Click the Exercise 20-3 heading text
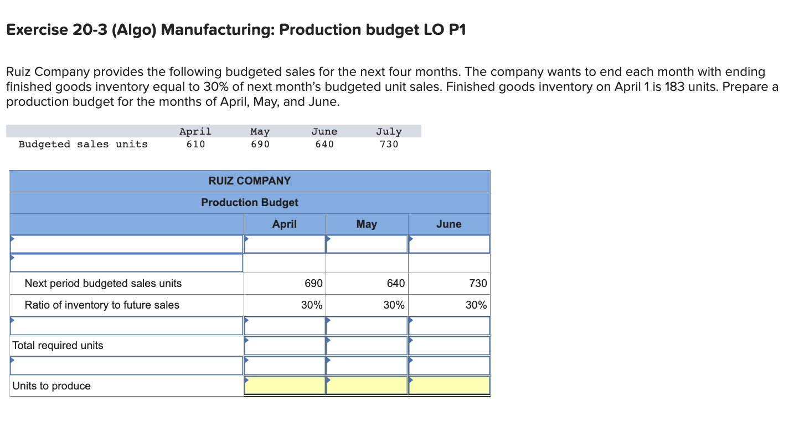[x=236, y=30]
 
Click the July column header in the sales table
[x=389, y=131]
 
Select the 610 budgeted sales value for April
[x=195, y=144]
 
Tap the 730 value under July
[x=389, y=144]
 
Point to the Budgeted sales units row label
[x=83, y=144]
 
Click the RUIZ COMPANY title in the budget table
[x=249, y=181]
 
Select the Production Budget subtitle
[x=249, y=202]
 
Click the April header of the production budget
[x=284, y=224]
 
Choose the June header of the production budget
[x=448, y=224]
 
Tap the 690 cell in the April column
[x=313, y=283]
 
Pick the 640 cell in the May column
[x=395, y=283]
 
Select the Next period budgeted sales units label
[x=103, y=283]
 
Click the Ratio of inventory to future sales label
[x=102, y=305]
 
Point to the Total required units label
[x=58, y=345]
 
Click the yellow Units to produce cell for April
[x=285, y=386]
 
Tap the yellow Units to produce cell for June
[x=449, y=386]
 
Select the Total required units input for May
[x=367, y=345]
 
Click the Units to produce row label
[x=51, y=386]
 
